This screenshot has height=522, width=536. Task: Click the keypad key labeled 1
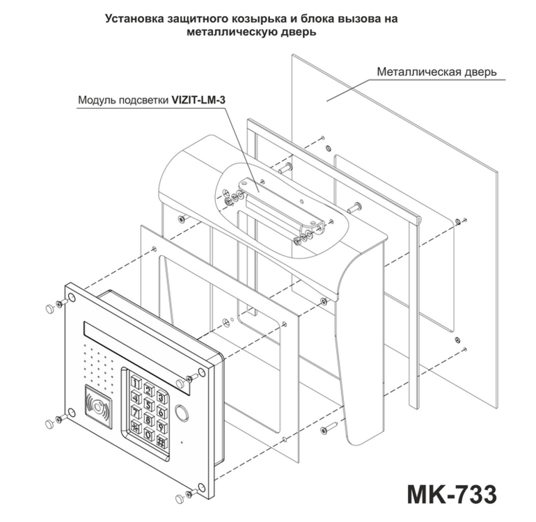(x=136, y=382)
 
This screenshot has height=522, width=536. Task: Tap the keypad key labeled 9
(x=161, y=426)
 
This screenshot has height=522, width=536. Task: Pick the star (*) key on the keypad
(x=136, y=427)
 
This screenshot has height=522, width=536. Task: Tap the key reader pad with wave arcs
(x=98, y=406)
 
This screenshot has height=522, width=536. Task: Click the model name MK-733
(x=452, y=494)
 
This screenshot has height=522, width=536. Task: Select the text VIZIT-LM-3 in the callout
(x=198, y=100)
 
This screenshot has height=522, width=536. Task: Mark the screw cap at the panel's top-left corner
(x=50, y=309)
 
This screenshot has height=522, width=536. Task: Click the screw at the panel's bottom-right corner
(x=191, y=492)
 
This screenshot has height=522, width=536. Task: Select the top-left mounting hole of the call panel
(x=72, y=296)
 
